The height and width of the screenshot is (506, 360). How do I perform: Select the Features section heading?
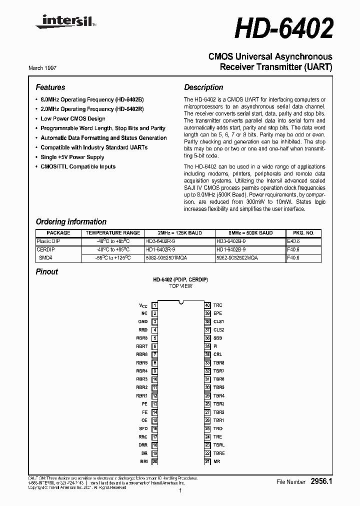[x=50, y=87]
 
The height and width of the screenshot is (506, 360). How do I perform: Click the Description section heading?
[x=203, y=87]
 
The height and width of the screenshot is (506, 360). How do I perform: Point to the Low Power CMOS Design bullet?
[x=73, y=118]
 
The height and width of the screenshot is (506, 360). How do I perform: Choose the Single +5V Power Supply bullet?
[x=72, y=157]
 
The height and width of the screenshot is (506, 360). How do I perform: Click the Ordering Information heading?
[x=71, y=221]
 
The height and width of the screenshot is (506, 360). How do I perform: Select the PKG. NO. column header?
[x=303, y=233]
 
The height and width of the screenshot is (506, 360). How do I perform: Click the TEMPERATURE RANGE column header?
[x=113, y=233]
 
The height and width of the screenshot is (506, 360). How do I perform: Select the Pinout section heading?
[x=47, y=271]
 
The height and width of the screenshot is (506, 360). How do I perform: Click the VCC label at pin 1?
[x=143, y=305]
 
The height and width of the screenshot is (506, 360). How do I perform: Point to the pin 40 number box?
[x=207, y=305]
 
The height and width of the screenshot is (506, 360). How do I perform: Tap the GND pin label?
[x=143, y=321]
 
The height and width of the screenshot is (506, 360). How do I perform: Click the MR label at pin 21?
[x=216, y=461]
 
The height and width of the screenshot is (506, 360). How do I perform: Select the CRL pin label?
[x=217, y=354]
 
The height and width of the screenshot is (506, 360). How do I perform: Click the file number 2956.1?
[x=321, y=481]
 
